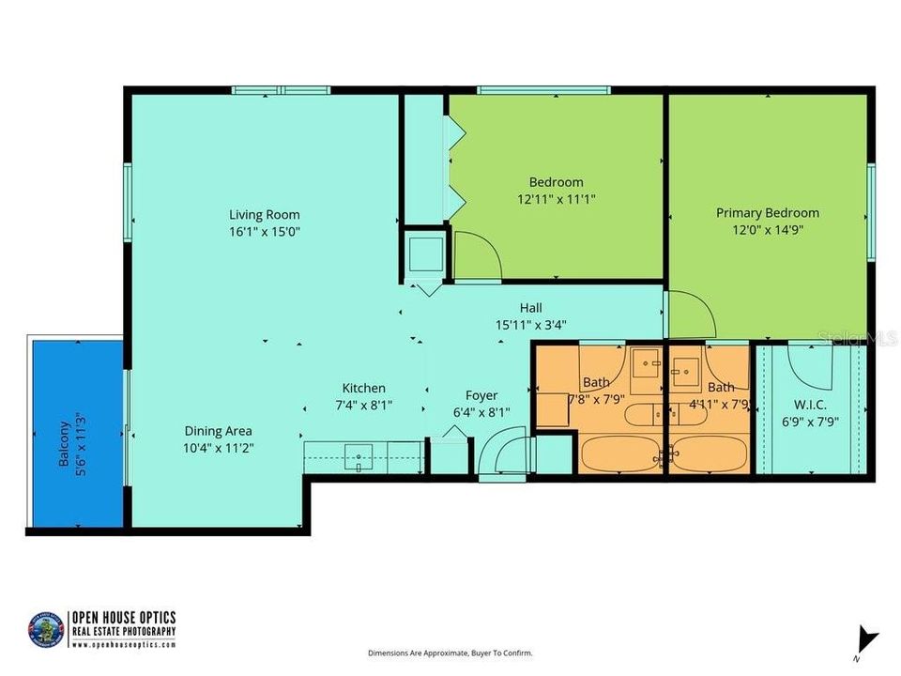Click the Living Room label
tap(265, 213)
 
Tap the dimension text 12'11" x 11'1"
tap(556, 198)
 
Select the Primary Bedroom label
tap(767, 212)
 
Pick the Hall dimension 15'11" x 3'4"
tap(531, 324)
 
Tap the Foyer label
tap(481, 395)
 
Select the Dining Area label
tap(218, 431)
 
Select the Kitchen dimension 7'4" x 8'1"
tap(362, 405)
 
